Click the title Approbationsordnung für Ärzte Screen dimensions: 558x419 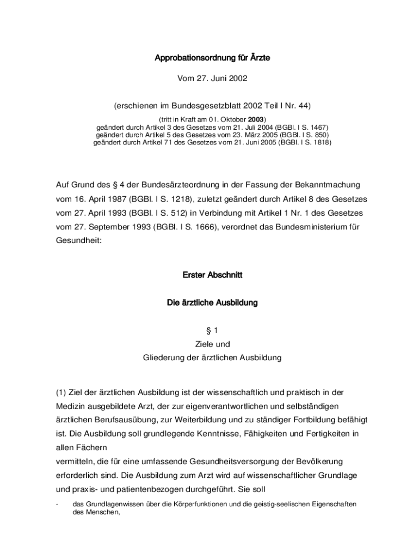[x=212, y=58]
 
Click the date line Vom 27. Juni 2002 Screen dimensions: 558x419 [x=212, y=78]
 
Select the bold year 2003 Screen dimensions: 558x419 [x=256, y=119]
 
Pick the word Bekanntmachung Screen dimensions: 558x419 [x=317, y=185]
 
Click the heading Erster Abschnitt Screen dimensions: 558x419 [x=212, y=275]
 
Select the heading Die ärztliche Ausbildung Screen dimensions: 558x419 [x=212, y=302]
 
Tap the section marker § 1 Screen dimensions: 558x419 [x=212, y=330]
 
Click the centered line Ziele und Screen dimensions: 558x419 [x=212, y=344]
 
